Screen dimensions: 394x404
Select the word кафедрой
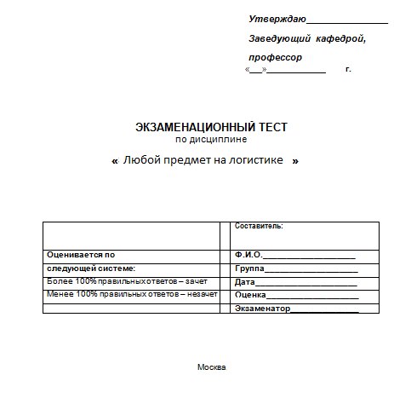tap(341, 39)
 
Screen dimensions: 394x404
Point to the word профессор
tap(276, 57)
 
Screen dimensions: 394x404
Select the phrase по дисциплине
tap(211, 139)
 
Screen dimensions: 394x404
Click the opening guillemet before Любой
tap(115, 160)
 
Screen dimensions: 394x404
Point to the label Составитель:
tap(259, 226)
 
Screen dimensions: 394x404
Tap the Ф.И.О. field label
tap(248, 254)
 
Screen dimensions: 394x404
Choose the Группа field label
tap(249, 268)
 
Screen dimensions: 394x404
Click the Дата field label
tap(244, 281)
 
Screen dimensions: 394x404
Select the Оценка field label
tap(251, 295)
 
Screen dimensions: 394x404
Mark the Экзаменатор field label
tap(263, 308)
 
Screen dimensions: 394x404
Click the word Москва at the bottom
tap(211, 367)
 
